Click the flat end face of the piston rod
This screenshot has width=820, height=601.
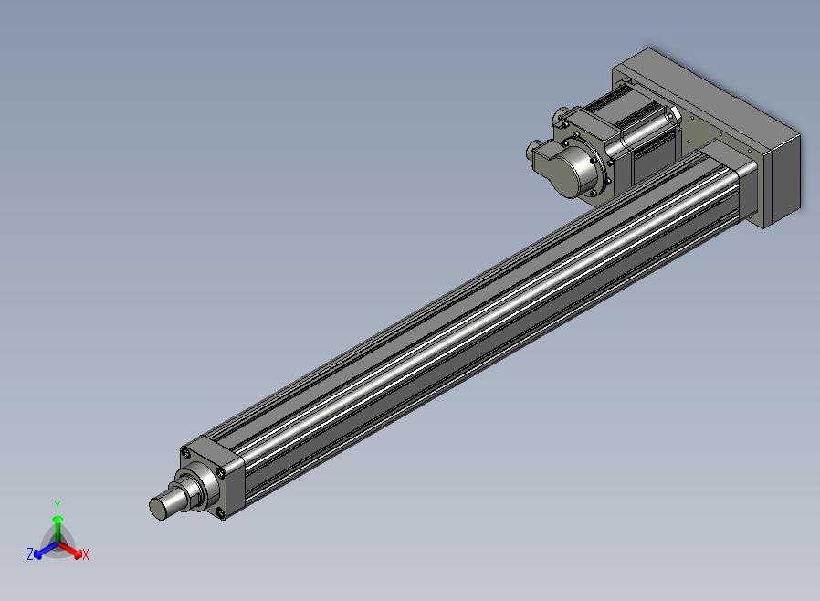point(157,509)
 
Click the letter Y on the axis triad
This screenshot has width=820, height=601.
point(58,505)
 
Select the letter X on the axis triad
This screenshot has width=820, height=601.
point(86,554)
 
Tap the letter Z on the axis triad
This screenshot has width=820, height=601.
point(30,554)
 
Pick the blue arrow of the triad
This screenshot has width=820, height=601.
point(46,550)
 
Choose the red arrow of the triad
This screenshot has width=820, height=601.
point(69,549)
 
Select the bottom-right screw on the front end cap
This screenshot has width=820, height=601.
point(220,513)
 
